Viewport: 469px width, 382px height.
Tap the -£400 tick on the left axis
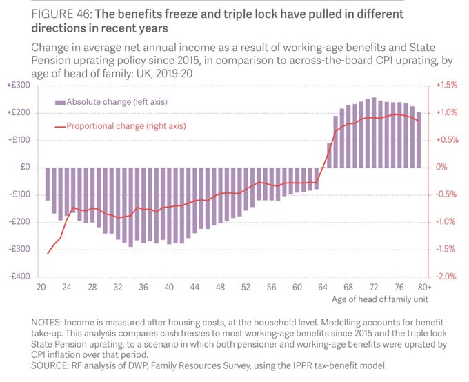[19, 276]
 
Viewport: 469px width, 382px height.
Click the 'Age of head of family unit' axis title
[379, 299]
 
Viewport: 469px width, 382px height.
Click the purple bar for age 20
[48, 183]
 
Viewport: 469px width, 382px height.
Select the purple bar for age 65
[329, 155]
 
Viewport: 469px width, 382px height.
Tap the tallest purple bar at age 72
[374, 132]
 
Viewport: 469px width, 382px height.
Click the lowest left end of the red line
[48, 254]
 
